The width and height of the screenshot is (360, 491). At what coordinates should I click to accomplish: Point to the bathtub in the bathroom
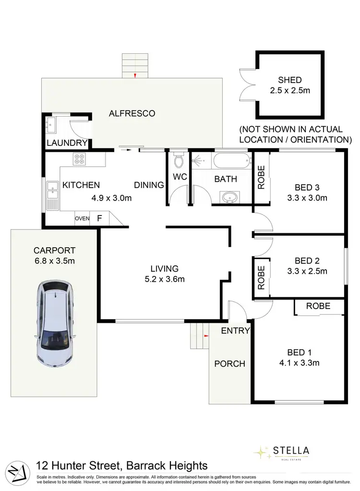coord(232,161)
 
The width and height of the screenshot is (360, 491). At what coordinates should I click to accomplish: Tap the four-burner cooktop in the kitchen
coord(79,159)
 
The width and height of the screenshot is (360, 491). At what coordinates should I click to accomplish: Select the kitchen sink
coord(52,194)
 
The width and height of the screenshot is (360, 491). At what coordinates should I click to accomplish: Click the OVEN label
coord(82,219)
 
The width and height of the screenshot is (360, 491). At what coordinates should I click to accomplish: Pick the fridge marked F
coord(99,219)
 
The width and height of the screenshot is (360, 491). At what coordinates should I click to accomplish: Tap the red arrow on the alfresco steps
coord(135,75)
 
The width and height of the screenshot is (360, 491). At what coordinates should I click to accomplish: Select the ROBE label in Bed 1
coord(318,306)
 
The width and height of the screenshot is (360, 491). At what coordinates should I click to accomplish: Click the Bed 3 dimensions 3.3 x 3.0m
coord(307,197)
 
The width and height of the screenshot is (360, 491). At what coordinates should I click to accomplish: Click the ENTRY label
coord(235,331)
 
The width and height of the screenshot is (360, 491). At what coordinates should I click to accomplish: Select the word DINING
coord(149,185)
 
